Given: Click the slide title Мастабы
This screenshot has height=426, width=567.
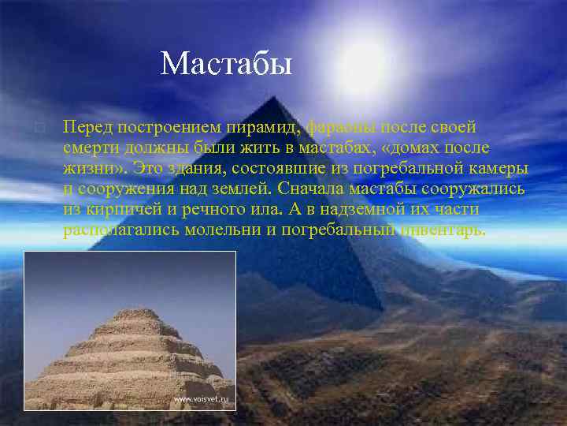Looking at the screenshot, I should [226, 63].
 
